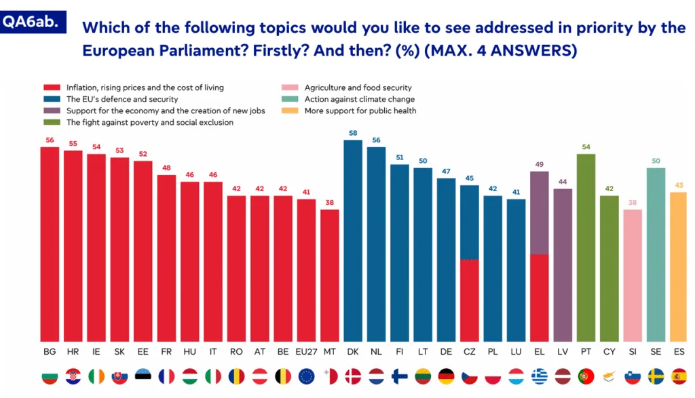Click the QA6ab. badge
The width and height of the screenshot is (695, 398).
(33, 22)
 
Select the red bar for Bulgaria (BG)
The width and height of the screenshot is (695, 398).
(50, 244)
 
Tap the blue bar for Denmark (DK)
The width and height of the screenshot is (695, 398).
(353, 241)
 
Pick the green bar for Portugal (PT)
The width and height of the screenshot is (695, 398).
(586, 247)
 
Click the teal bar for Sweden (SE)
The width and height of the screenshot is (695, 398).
(656, 254)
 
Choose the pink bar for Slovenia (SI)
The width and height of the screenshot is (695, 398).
(633, 275)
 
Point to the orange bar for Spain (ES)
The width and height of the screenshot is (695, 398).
(679, 266)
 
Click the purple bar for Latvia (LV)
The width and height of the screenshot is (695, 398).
(563, 264)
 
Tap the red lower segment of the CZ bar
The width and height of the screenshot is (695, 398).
(470, 300)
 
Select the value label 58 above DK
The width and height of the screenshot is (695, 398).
(353, 133)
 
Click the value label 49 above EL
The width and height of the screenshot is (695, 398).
(540, 164)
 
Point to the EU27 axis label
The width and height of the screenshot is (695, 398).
(306, 351)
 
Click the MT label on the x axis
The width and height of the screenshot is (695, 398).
(330, 351)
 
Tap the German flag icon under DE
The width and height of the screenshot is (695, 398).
(446, 377)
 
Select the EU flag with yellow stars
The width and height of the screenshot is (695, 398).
(306, 377)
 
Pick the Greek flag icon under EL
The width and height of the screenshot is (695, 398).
(540, 377)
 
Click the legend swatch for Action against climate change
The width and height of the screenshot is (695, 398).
(290, 99)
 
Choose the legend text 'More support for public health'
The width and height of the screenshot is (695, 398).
(360, 111)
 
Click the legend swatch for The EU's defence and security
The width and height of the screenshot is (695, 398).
(52, 99)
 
